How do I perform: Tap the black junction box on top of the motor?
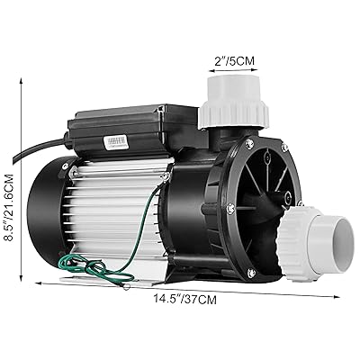coord(135,130)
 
